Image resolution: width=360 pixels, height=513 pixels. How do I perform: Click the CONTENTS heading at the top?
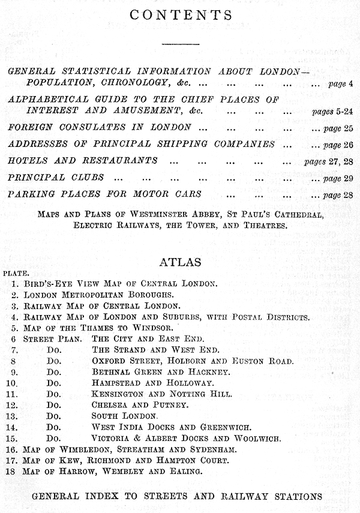click(180, 14)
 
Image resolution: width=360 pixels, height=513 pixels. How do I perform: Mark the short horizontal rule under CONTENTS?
click(179, 44)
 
